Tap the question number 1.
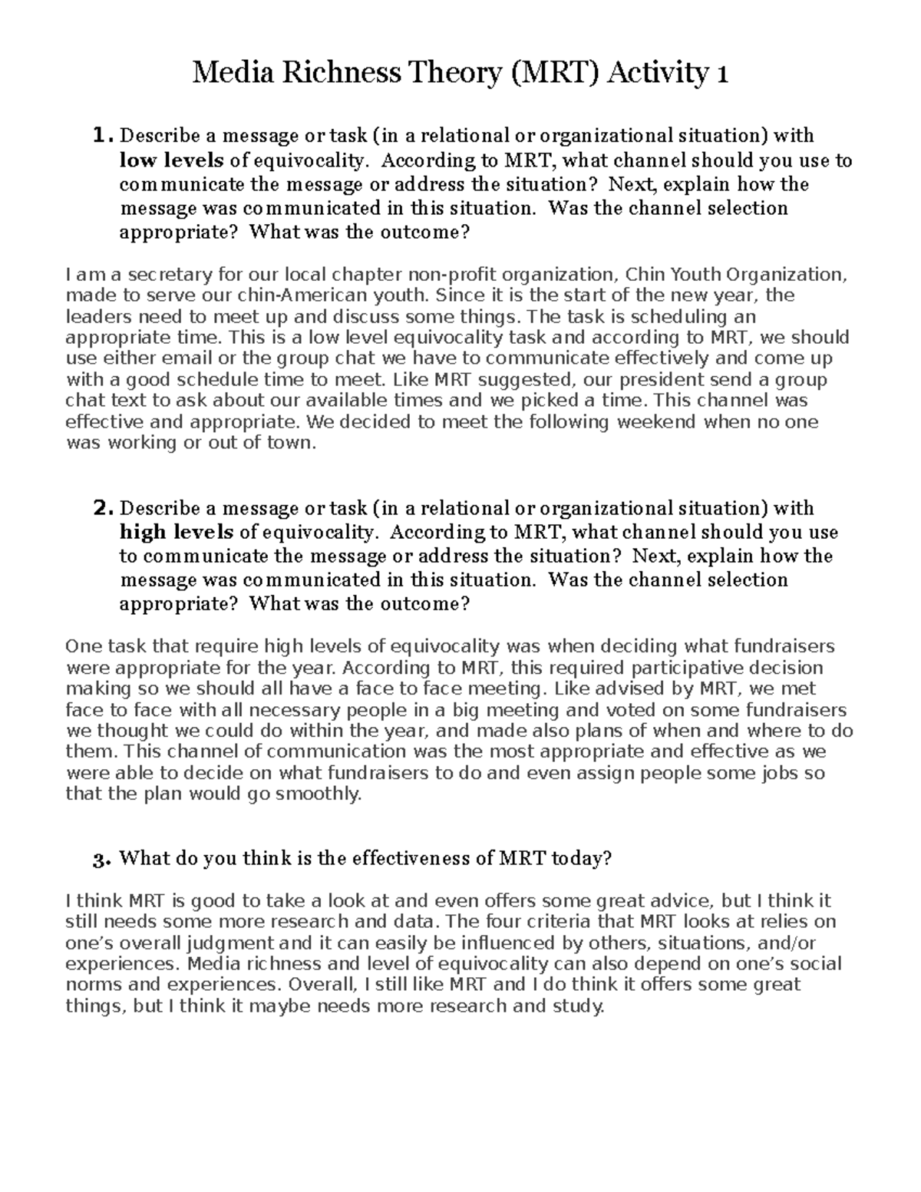pyautogui.click(x=102, y=136)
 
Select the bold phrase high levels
pyautogui.click(x=177, y=532)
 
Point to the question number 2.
pyautogui.click(x=103, y=508)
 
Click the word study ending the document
pyautogui.click(x=577, y=1006)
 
